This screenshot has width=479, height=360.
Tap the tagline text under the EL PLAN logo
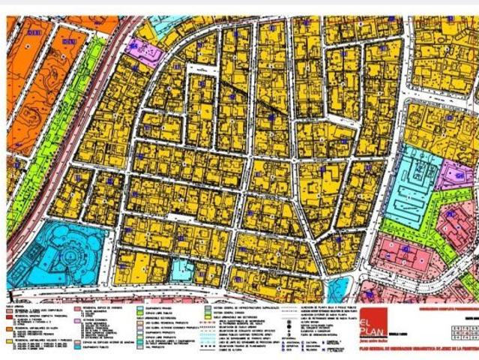tap(375, 340)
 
